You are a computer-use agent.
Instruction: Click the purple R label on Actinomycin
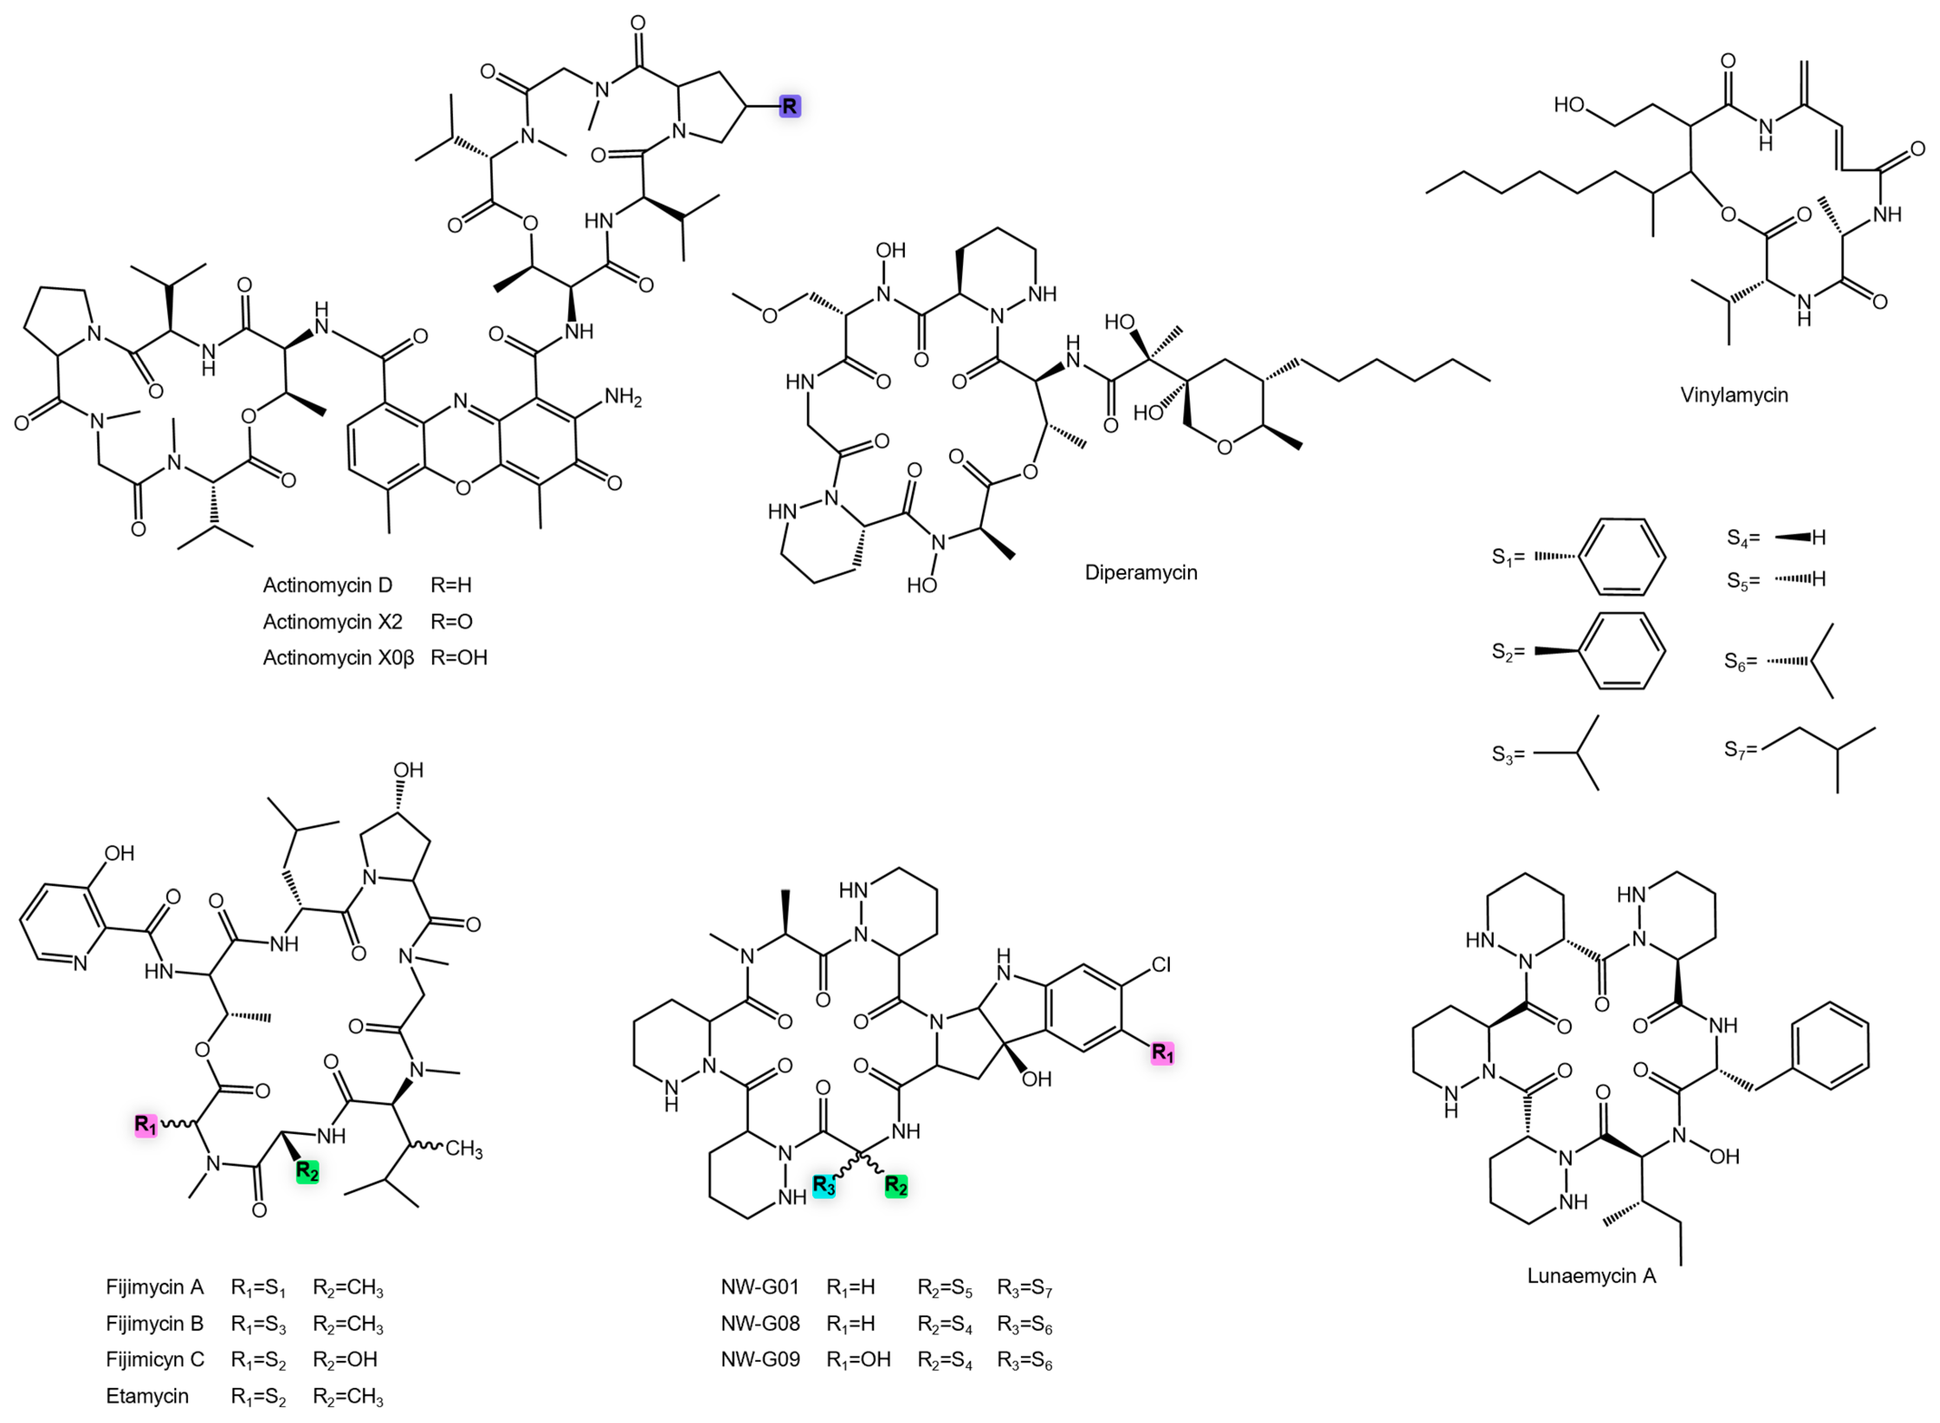tap(789, 107)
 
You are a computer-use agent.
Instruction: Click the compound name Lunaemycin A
tap(1591, 1276)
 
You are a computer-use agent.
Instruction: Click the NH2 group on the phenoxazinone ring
tap(623, 398)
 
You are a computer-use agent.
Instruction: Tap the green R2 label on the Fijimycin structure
tap(308, 1171)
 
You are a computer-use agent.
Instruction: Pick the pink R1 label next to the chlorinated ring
tap(1162, 1053)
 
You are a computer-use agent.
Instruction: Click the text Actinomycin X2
tap(332, 622)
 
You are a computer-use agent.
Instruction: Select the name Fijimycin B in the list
tap(154, 1324)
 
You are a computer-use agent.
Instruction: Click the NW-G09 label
tap(760, 1360)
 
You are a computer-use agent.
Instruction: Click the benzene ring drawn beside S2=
tap(1627, 651)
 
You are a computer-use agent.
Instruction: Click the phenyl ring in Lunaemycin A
tap(1831, 1047)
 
